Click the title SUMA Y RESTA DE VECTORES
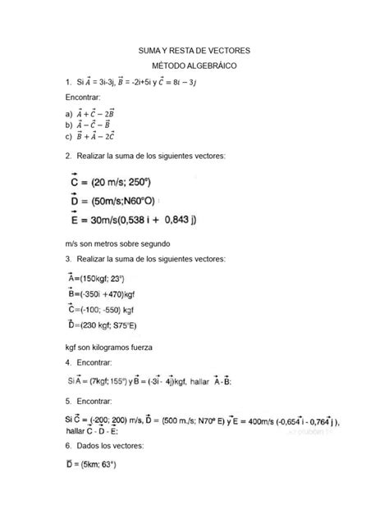point(194,51)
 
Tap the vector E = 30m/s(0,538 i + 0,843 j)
point(140,220)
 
